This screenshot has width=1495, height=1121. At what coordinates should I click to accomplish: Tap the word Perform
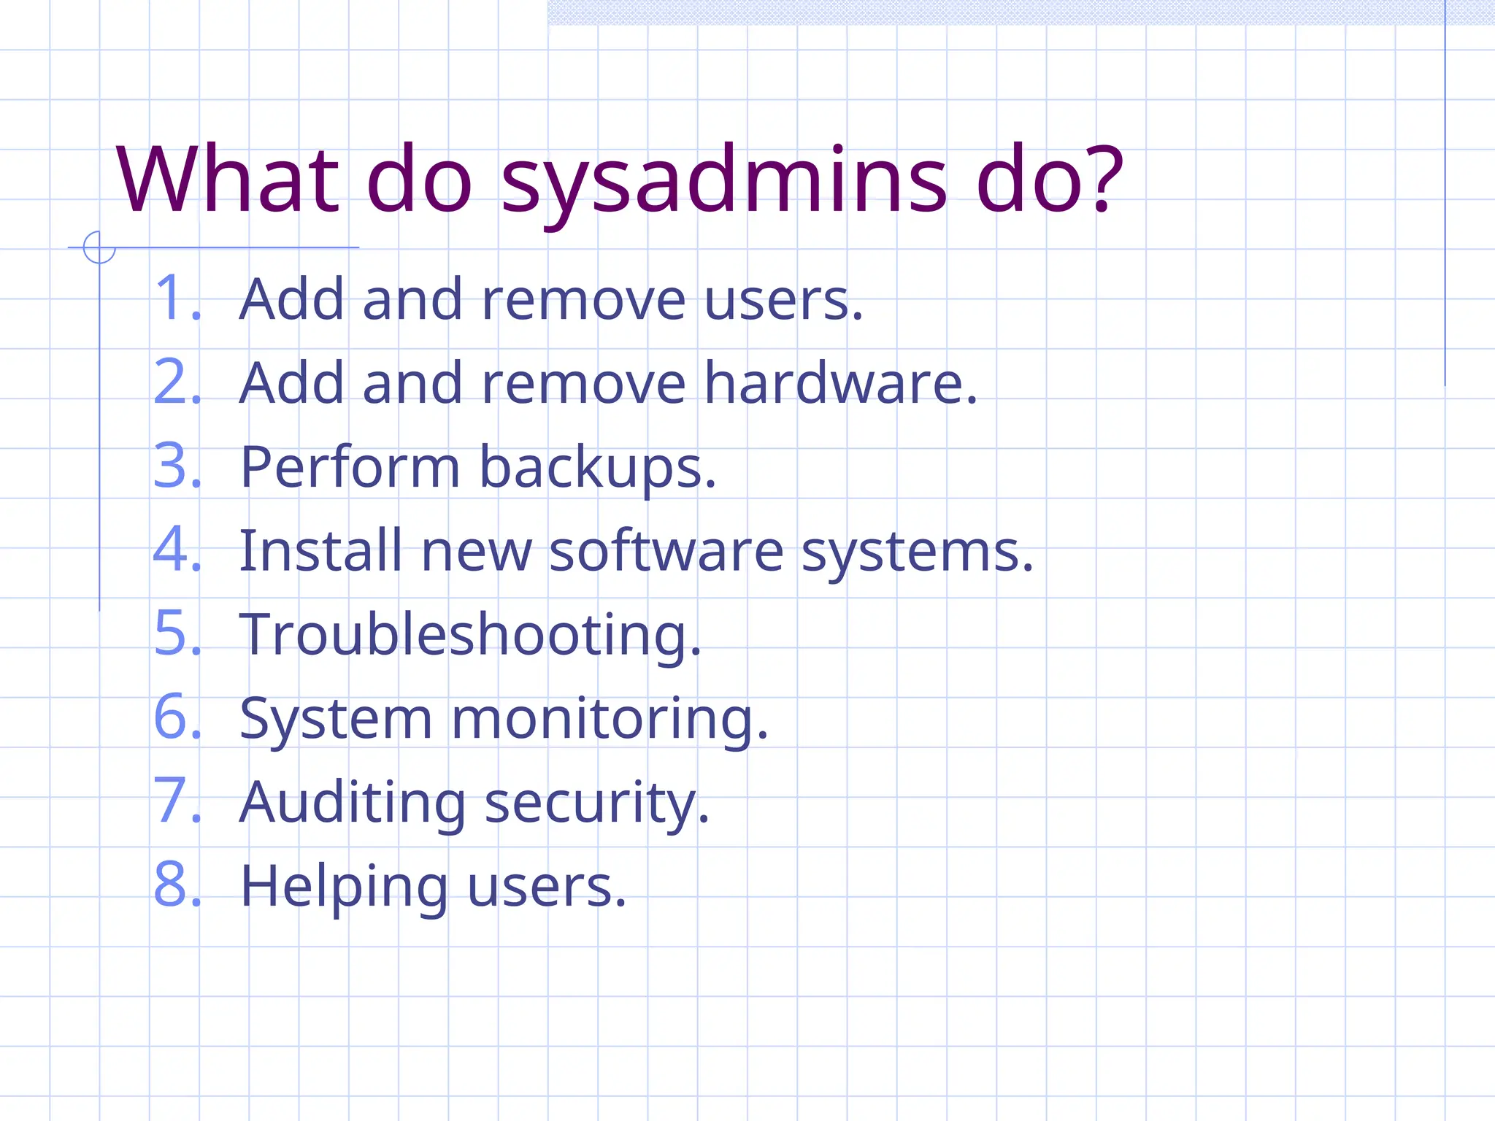tap(349, 467)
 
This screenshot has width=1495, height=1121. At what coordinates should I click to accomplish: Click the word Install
tap(320, 550)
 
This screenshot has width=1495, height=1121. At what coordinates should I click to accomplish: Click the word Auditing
tap(352, 803)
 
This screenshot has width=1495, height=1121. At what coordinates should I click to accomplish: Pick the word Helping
tap(343, 887)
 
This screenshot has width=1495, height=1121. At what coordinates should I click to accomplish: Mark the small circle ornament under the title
tap(99, 247)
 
